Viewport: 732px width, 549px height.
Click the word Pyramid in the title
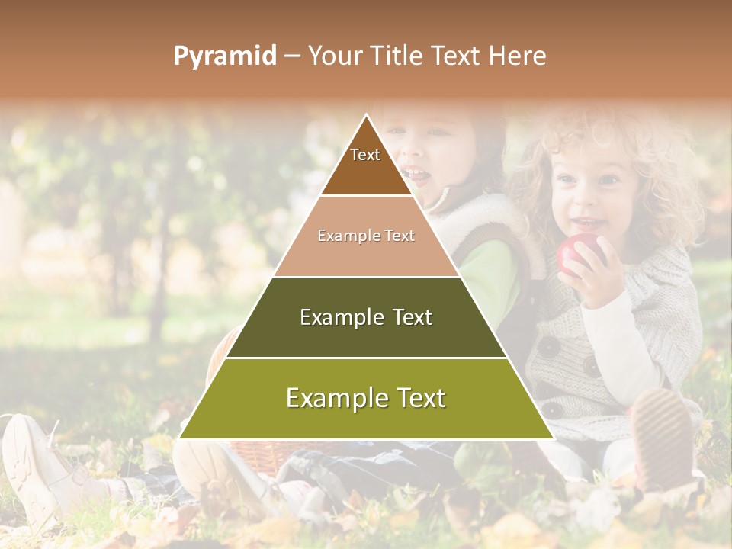pyautogui.click(x=224, y=56)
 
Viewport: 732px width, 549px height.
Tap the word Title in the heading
pyautogui.click(x=400, y=56)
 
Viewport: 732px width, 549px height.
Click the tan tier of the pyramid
pyautogui.click(x=366, y=236)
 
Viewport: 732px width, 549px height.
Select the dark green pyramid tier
pyautogui.click(x=366, y=317)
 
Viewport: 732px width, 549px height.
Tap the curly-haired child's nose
pyautogui.click(x=586, y=200)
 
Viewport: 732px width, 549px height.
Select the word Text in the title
pyautogui.click(x=455, y=56)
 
